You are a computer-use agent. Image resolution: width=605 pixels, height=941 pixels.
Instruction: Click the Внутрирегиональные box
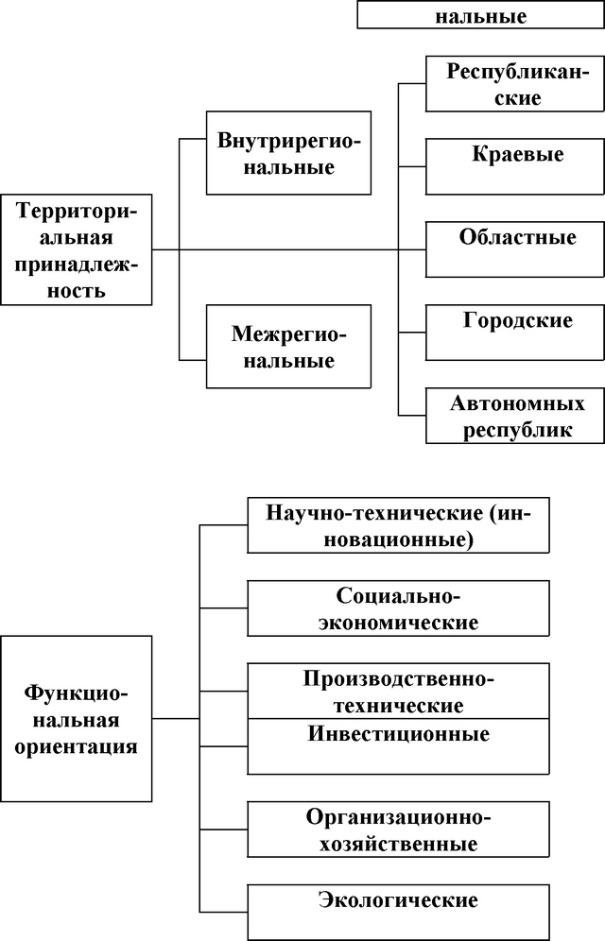coord(288,153)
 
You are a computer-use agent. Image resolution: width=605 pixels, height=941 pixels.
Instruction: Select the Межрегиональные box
coord(288,347)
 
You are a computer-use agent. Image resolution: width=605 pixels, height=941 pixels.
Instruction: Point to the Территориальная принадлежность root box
coord(76,249)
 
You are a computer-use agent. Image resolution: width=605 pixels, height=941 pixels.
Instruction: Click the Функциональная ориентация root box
coord(76,718)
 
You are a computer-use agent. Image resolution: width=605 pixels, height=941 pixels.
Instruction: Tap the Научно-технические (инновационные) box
coord(398,524)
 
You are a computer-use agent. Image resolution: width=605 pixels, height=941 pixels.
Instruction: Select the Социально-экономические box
coord(398,608)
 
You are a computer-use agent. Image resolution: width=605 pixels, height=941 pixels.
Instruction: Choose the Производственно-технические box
coord(398,691)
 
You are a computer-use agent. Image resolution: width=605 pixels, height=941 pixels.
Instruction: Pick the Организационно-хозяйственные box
coord(398,829)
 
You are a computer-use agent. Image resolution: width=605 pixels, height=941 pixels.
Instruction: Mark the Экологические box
coord(398,911)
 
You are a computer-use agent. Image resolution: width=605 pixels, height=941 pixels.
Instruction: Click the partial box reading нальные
coord(481,14)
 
